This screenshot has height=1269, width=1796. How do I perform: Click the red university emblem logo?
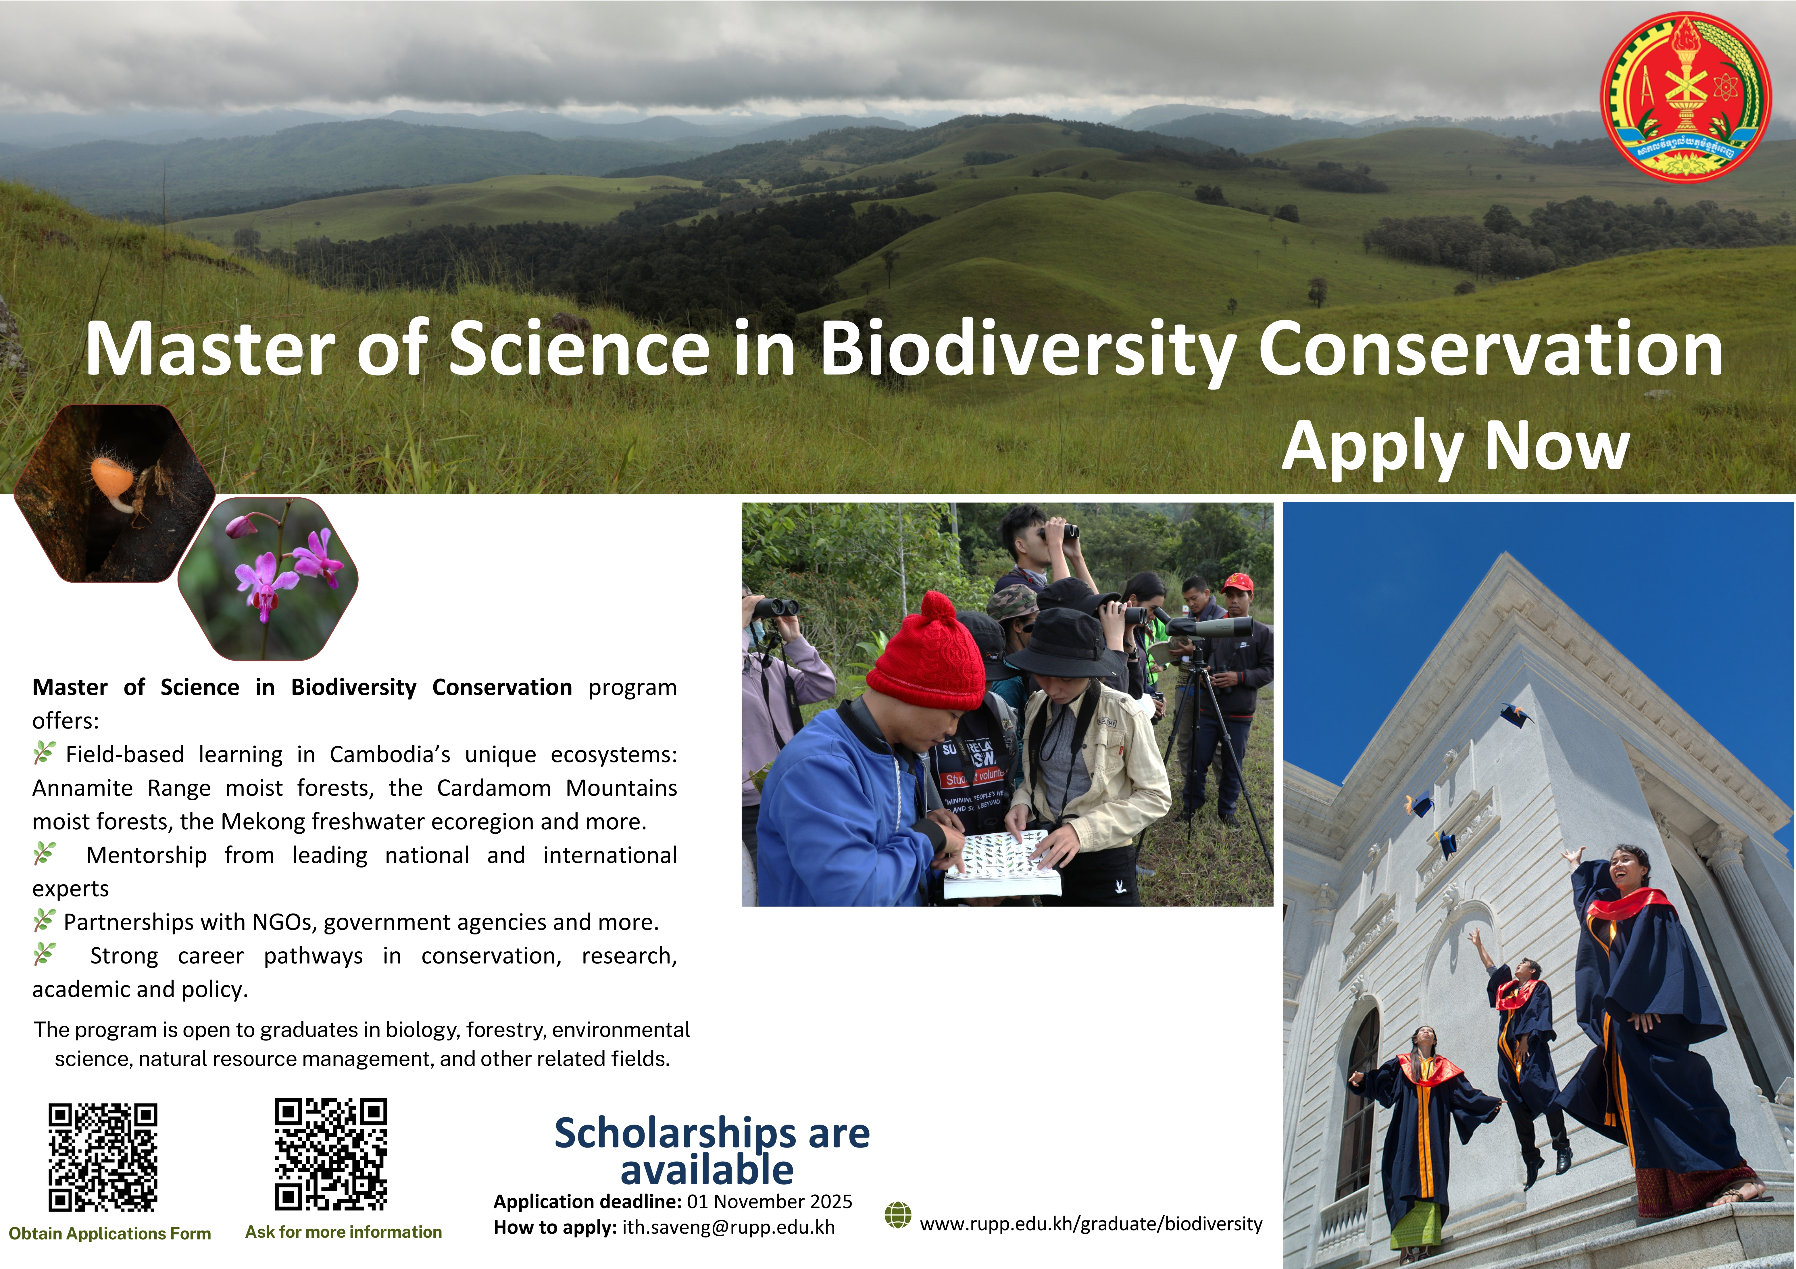click(1686, 97)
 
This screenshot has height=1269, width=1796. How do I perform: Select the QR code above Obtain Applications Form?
click(103, 1157)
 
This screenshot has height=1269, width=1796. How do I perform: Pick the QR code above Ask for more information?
click(331, 1154)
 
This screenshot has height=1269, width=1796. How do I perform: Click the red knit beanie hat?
click(925, 653)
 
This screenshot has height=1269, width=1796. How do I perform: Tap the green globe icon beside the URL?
click(898, 1216)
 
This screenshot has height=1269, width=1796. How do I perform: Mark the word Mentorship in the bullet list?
click(146, 855)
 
